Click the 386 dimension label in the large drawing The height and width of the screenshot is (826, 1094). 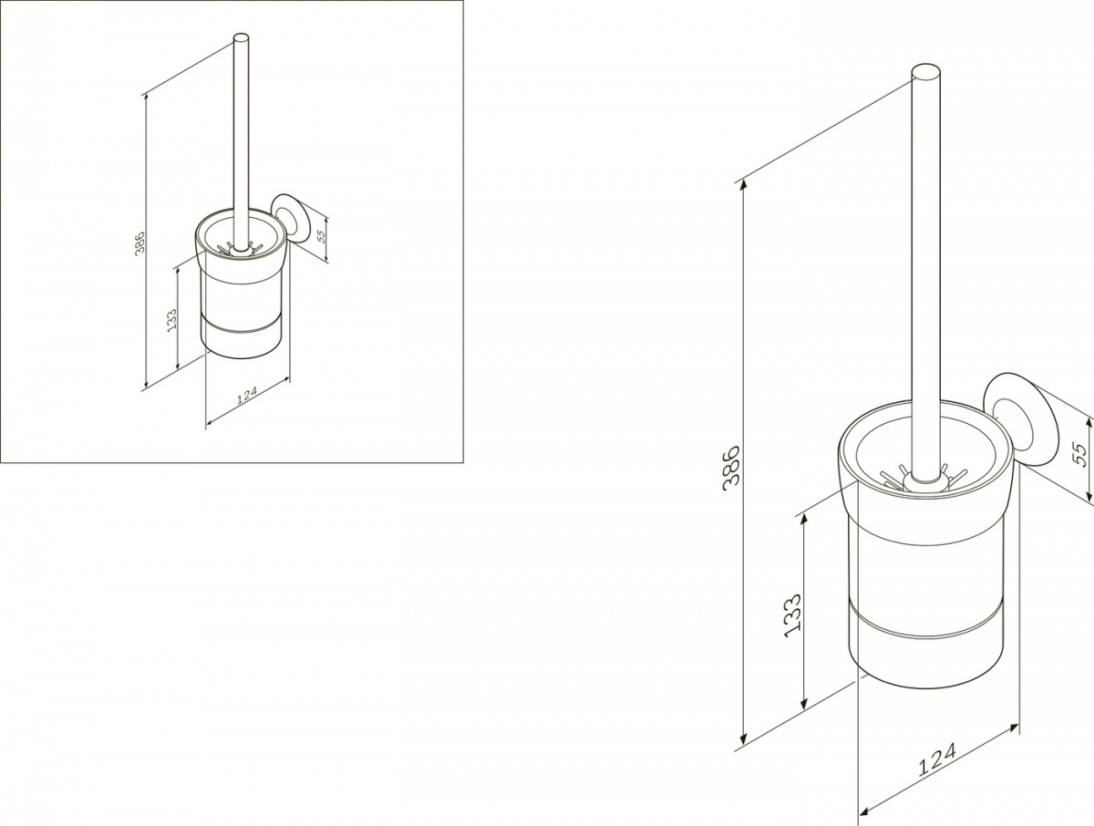(x=731, y=469)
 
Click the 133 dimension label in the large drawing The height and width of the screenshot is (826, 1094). (x=792, y=615)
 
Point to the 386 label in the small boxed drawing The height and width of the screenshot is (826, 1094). (x=140, y=243)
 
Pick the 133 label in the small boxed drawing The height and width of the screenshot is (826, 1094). (x=171, y=320)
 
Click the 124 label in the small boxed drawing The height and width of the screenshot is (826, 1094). (x=247, y=395)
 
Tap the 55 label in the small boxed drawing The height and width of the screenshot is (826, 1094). (x=321, y=235)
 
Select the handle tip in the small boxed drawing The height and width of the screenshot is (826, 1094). (x=242, y=38)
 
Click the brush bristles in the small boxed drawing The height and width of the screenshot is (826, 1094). (x=241, y=248)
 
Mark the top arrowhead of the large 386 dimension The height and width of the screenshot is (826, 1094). (x=744, y=185)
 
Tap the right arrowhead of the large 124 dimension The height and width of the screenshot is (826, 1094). (x=1013, y=728)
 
